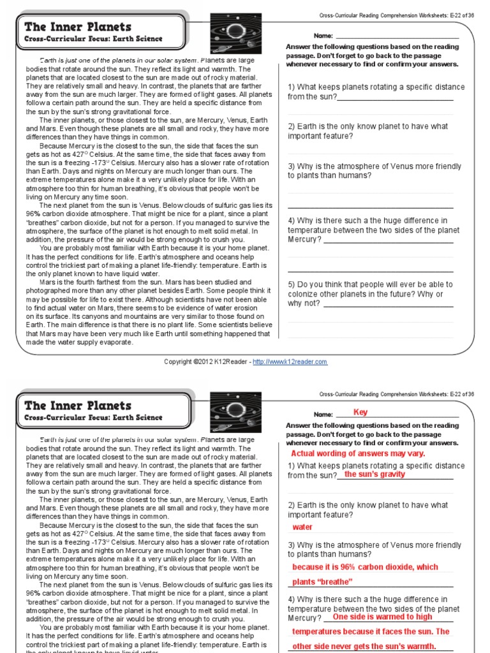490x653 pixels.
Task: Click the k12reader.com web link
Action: click(290, 362)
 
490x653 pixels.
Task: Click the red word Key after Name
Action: click(360, 413)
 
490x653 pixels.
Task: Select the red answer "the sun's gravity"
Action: click(375, 474)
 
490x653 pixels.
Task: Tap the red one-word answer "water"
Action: click(302, 527)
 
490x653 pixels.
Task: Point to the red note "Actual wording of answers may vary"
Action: click(358, 453)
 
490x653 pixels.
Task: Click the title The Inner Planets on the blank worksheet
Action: click(78, 27)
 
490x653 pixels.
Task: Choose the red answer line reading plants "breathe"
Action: click(322, 582)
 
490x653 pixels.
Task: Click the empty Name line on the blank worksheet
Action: click(396, 36)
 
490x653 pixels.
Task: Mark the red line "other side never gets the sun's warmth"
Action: click(364, 646)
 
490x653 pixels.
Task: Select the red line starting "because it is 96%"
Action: click(365, 567)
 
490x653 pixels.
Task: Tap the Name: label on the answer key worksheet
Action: click(323, 414)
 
